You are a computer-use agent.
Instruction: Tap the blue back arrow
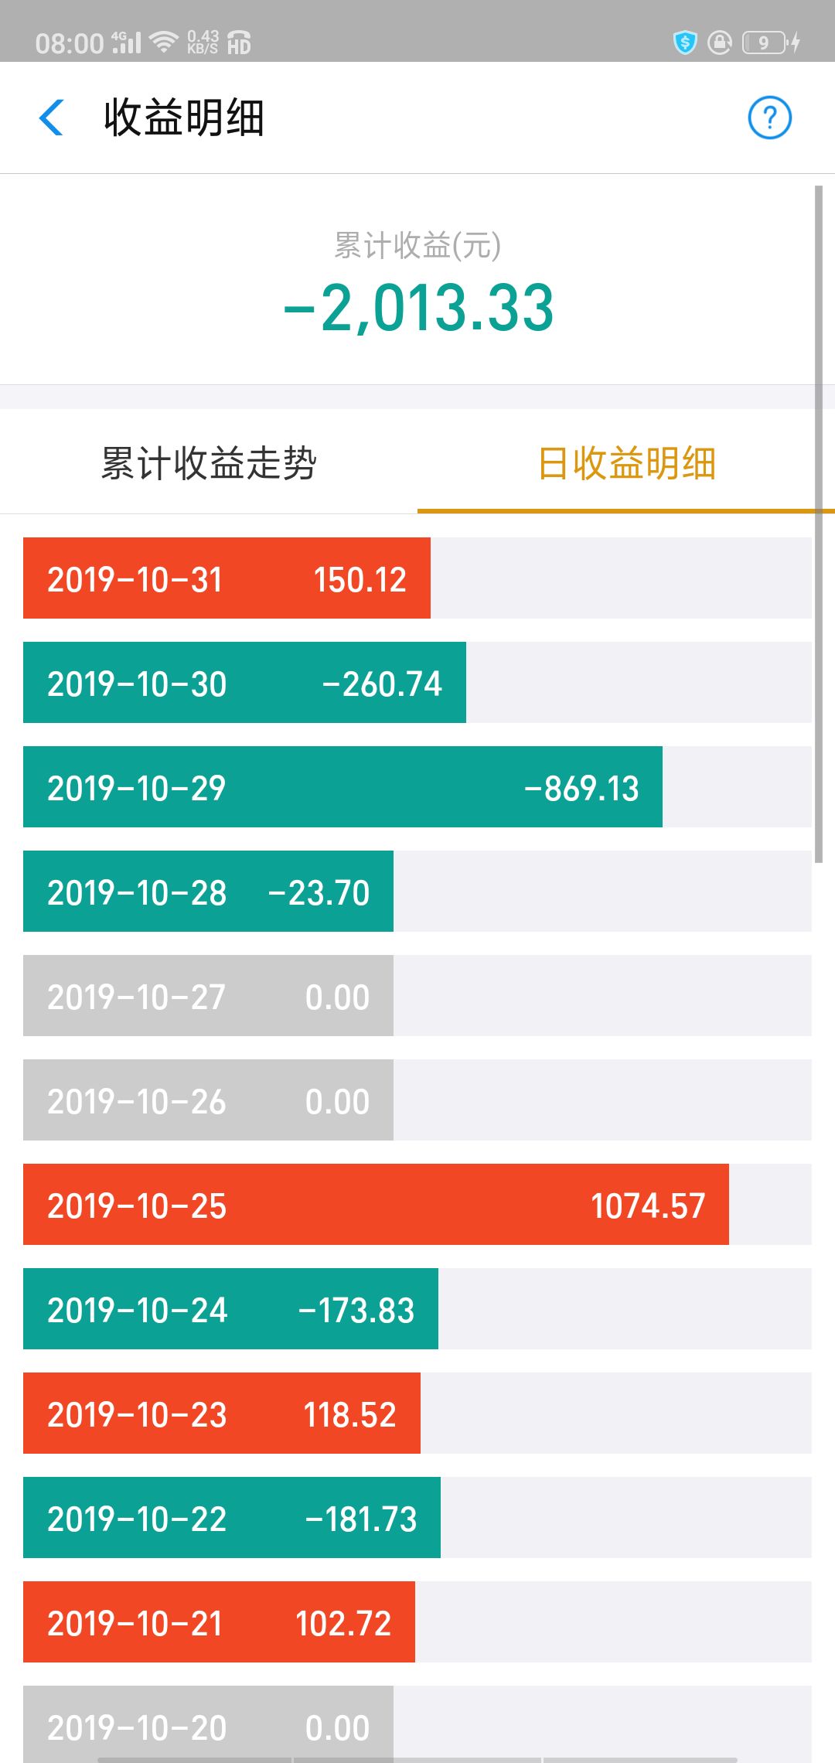[x=51, y=118]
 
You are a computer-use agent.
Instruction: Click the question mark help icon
[x=769, y=118]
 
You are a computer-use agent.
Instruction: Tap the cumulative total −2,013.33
[x=419, y=308]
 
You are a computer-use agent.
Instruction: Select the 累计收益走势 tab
[x=209, y=463]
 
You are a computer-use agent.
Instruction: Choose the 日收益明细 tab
[x=626, y=463]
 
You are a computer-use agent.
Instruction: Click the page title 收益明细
[x=184, y=118]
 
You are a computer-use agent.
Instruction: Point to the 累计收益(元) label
[x=417, y=245]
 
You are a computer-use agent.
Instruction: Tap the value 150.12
[x=360, y=579]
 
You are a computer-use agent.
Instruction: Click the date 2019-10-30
[x=137, y=684]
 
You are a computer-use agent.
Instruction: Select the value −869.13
[x=581, y=788]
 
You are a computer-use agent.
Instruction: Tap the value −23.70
[x=319, y=892]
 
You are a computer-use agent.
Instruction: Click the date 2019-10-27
[x=137, y=997]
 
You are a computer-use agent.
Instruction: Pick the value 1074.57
[x=648, y=1205]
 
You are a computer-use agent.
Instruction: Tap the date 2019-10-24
[x=137, y=1310]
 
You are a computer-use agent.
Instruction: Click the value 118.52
[x=349, y=1414]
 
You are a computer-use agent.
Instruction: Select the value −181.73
[x=361, y=1519]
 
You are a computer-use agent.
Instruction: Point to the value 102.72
[x=343, y=1623]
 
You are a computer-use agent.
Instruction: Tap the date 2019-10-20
[x=137, y=1727]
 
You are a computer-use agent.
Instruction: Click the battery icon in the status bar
[x=765, y=42]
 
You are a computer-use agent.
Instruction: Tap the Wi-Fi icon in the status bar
[x=164, y=42]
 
